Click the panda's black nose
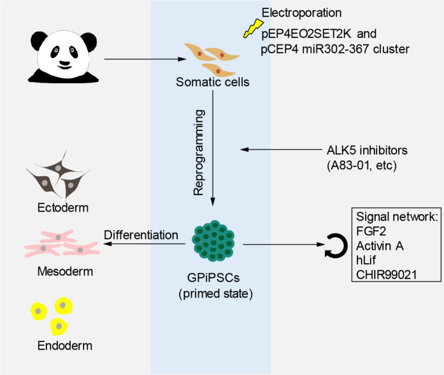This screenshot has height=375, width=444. [x=65, y=64]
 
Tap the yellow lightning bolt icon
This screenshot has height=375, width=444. [x=254, y=28]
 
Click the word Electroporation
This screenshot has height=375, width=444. [x=301, y=13]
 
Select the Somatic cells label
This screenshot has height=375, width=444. [x=212, y=82]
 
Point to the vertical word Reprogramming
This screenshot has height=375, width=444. [x=199, y=153]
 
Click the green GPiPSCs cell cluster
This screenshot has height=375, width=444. [x=213, y=240]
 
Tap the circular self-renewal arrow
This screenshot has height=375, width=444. [x=336, y=245]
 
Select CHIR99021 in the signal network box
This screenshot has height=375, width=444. [x=387, y=275]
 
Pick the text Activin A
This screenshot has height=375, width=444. [x=380, y=246]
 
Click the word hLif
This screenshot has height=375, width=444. [x=366, y=260]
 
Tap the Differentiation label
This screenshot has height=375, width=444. [x=141, y=235]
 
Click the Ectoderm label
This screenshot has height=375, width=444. [x=63, y=208]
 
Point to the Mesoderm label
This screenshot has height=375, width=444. [x=65, y=271]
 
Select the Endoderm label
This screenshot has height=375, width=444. [x=65, y=346]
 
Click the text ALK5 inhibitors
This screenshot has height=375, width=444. [x=367, y=151]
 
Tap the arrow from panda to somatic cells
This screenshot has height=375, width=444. [x=145, y=59]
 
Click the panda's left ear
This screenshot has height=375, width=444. [x=39, y=41]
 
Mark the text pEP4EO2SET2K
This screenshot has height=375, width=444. [x=306, y=34]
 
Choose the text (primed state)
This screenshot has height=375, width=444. [x=215, y=294]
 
